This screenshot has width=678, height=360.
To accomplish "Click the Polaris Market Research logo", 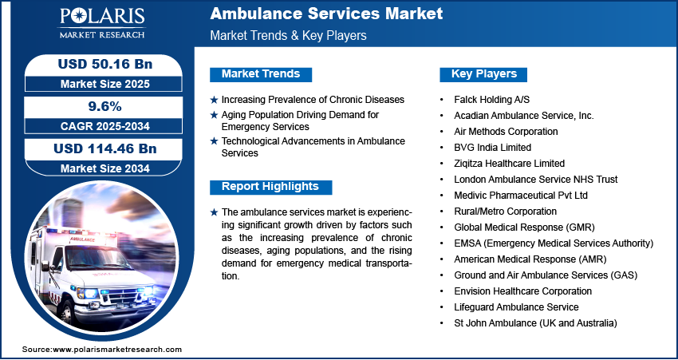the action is pos(102,23).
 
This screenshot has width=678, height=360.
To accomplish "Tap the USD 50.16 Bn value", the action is pos(105,64).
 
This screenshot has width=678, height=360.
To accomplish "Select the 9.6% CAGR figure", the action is pos(104,106).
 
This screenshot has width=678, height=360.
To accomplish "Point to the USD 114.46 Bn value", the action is pos(105,148).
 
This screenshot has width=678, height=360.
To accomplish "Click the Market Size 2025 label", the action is pos(105,84).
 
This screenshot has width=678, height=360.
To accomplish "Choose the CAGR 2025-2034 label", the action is pos(105,126).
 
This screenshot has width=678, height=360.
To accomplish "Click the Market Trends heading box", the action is pos(261,74).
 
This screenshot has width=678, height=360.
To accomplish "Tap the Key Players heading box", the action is pos(483,74).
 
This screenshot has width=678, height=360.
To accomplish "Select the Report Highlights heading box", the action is pos(270,187).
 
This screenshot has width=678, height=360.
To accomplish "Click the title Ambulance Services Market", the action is pos(326,14).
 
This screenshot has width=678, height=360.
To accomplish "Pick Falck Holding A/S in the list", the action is pos(491,100).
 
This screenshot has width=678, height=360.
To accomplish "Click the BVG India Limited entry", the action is pos(492,148).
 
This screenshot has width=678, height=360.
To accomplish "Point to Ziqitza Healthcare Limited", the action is pos(510,164).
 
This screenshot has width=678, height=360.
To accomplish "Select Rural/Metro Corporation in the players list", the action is pos(505,212).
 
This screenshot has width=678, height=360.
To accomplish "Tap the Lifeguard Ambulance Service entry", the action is pos(516,307).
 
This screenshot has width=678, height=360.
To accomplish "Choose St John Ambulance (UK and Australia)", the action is pos(535,323).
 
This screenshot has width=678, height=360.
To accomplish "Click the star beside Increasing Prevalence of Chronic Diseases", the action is pos(214,100).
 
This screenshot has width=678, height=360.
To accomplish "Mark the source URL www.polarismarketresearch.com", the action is pos(116,350).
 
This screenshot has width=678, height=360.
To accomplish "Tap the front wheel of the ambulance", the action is pos(69,311).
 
